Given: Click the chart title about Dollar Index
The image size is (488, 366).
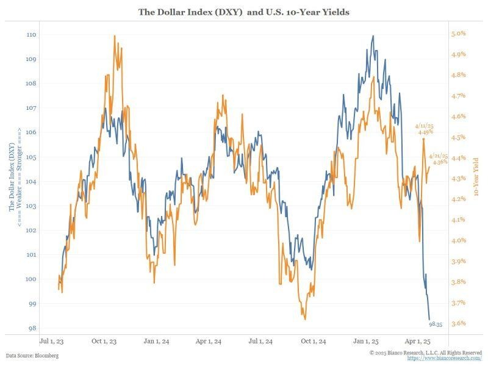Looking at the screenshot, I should pyautogui.click(x=244, y=12).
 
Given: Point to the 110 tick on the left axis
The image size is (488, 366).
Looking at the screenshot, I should pyautogui.click(x=31, y=35).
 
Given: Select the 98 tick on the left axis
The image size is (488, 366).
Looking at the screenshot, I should pyautogui.click(x=32, y=328).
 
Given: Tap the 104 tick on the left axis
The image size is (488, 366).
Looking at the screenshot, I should pyautogui.click(x=31, y=181).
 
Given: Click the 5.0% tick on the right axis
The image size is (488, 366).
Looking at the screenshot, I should pyautogui.click(x=459, y=34).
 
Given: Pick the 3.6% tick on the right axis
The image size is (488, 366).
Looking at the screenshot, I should pyautogui.click(x=459, y=323).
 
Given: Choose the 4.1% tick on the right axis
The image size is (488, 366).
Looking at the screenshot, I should pyautogui.click(x=459, y=220).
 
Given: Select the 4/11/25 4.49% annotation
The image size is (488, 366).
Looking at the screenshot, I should pyautogui.click(x=425, y=127).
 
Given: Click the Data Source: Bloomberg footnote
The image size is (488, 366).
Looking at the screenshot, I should pyautogui.click(x=32, y=355).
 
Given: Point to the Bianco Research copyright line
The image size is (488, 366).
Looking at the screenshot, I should pyautogui.click(x=426, y=353).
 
